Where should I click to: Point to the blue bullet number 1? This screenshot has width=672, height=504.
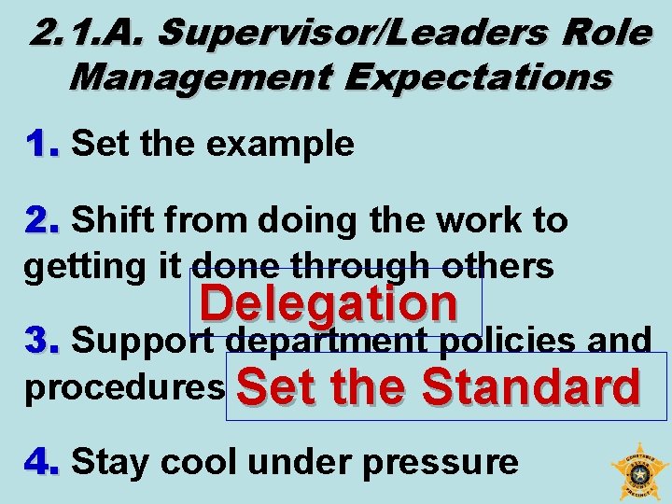(42, 144)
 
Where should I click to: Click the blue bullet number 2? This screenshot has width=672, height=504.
(42, 220)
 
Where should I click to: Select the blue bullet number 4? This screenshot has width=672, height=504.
(42, 461)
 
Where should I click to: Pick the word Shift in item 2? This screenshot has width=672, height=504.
(112, 220)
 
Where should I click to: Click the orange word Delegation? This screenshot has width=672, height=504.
(329, 302)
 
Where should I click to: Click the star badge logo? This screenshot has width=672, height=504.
(639, 472)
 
